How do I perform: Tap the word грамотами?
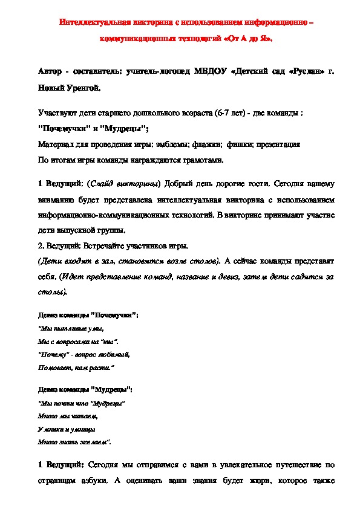[205, 161]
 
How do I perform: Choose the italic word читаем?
[85, 416]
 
